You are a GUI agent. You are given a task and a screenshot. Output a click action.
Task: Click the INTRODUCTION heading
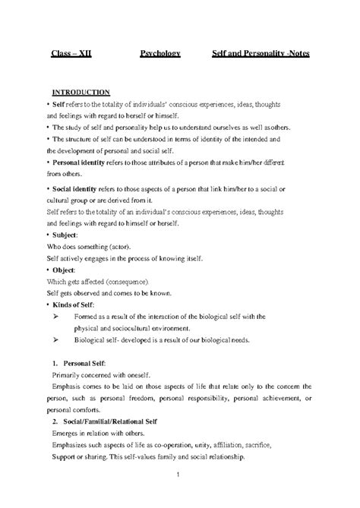[x=81, y=91]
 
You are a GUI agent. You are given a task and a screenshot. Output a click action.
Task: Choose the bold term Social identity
[x=79, y=187]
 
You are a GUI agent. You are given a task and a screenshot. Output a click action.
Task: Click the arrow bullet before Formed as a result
[x=54, y=316]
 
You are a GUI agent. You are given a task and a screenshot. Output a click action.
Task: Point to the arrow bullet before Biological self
[x=54, y=341]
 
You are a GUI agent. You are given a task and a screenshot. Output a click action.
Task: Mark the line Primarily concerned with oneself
[x=102, y=376]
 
